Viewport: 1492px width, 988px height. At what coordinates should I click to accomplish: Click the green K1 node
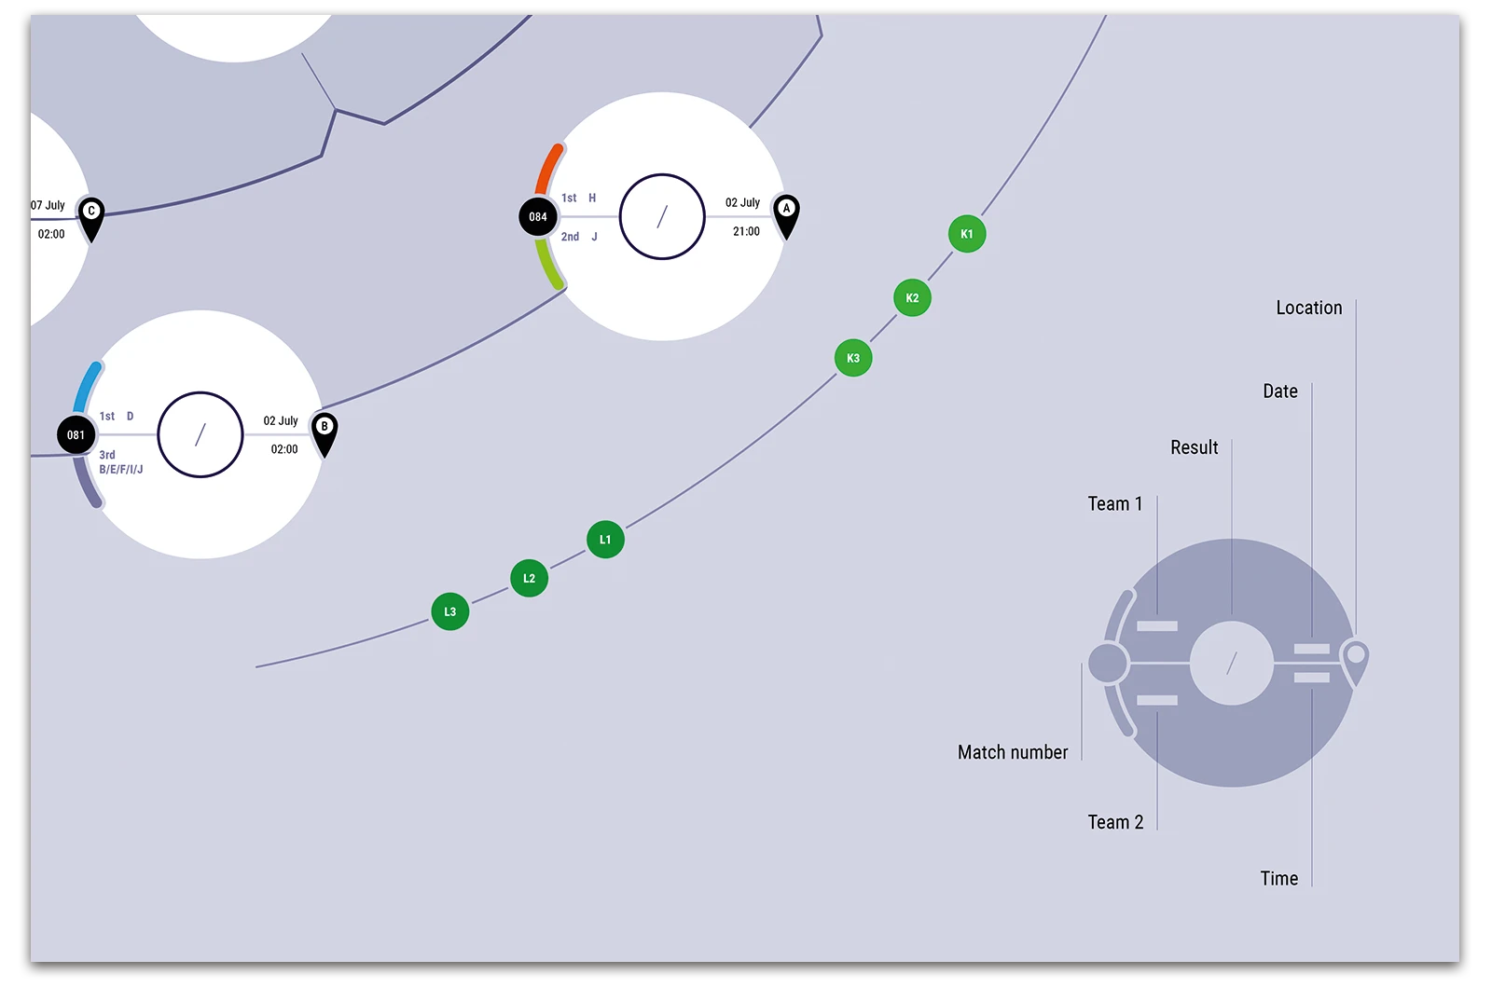tap(966, 234)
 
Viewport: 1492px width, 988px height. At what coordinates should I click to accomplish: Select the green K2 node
tap(912, 297)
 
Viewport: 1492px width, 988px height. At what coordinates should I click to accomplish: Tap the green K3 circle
tap(853, 358)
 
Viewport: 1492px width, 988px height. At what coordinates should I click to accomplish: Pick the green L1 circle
tap(605, 540)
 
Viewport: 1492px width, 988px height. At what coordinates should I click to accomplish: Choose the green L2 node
tap(529, 578)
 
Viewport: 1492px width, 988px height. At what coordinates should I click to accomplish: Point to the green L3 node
tap(450, 611)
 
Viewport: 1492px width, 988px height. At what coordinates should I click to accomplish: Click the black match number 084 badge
tap(538, 216)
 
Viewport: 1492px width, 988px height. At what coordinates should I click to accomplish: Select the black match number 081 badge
tap(76, 434)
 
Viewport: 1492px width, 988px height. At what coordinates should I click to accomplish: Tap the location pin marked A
tap(786, 215)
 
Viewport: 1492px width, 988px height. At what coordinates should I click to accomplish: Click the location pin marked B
tap(325, 434)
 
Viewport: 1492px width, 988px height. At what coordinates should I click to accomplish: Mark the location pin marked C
tap(91, 218)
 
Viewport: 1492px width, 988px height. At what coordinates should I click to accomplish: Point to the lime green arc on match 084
tap(549, 264)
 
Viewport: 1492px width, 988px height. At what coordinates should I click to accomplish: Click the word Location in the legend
tap(1309, 308)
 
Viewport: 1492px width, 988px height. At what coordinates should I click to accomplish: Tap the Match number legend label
tap(1013, 752)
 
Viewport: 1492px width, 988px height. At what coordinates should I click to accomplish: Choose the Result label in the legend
tap(1195, 447)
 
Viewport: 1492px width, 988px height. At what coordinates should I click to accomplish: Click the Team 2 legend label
tap(1115, 822)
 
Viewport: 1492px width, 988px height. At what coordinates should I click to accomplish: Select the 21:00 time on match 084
tap(746, 231)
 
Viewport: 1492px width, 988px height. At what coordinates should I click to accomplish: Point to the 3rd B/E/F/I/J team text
tap(120, 462)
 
